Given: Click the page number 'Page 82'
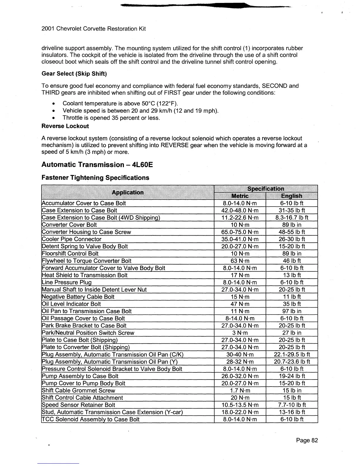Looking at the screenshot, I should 307,440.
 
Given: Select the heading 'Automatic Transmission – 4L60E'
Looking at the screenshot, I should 97,164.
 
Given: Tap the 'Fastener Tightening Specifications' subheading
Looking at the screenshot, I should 95,178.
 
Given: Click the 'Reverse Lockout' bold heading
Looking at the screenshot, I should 65,126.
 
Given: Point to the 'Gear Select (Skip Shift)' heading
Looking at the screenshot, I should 74,74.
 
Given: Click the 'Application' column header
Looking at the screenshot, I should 128,192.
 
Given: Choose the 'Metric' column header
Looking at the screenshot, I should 240,196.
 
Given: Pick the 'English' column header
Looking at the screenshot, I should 291,196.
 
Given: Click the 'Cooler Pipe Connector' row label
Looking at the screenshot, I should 71,239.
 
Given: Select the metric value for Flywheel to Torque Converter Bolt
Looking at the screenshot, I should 240,261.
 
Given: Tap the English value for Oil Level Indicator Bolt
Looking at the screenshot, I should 291,304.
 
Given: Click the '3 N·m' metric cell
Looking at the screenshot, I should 240,333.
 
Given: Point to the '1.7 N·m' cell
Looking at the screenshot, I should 240,390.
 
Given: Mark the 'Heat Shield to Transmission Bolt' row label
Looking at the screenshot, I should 85,275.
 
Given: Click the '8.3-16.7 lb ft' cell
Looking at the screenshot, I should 291,218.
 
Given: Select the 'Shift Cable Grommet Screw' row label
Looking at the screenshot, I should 78,390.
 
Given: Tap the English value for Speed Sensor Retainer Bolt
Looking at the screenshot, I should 291,405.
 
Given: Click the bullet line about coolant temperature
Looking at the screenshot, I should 121,104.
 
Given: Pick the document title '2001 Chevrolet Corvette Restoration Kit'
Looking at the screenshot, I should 94,29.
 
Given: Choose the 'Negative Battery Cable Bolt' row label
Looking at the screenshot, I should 78,297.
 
